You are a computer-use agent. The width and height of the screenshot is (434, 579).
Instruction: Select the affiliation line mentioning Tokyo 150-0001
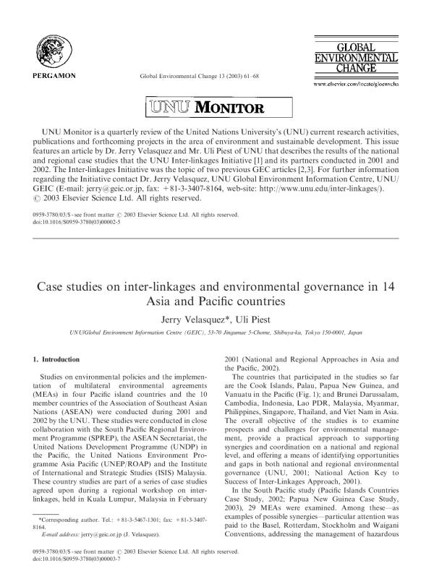point(217,333)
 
